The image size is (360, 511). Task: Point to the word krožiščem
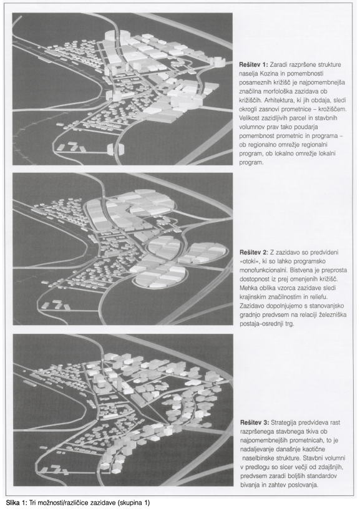[x=333, y=109]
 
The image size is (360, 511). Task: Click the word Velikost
[x=250, y=118]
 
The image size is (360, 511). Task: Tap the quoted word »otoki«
[x=249, y=261]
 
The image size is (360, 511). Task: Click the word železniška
[x=332, y=315]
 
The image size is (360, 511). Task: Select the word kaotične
[x=328, y=449]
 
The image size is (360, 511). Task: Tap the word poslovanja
[x=304, y=485]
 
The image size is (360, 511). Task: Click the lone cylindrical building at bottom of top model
[x=115, y=149]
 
